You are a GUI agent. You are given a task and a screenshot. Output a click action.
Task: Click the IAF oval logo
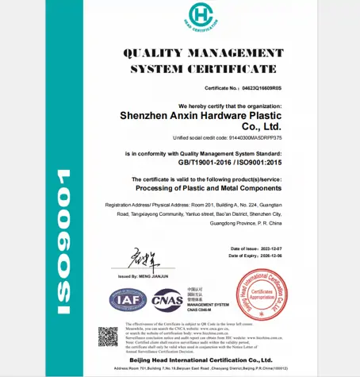127,301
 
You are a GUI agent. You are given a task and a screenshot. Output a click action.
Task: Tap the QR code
107,336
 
